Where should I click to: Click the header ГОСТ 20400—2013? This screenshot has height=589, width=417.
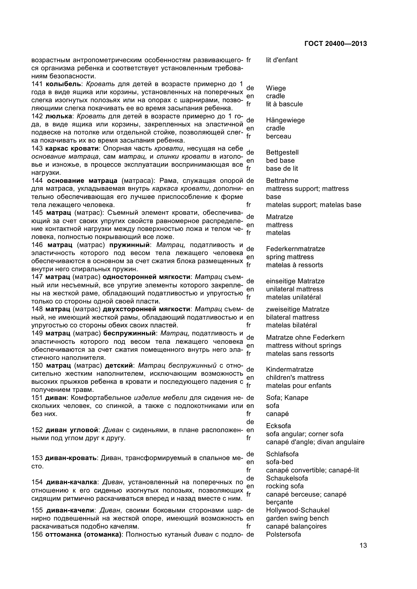335,44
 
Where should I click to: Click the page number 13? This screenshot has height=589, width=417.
363,552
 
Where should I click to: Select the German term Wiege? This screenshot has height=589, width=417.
276,88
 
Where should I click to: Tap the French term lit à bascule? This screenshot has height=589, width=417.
284,104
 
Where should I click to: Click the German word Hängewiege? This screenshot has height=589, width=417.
285,120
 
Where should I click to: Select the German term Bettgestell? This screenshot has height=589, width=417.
282,152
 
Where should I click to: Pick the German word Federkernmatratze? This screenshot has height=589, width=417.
295,249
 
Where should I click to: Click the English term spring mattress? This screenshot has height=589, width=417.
290,257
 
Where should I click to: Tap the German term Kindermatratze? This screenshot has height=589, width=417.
290,369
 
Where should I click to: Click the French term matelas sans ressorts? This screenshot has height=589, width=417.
300,354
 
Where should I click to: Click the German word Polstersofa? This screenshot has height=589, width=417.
283,534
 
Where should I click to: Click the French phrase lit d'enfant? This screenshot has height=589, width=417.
282,60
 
